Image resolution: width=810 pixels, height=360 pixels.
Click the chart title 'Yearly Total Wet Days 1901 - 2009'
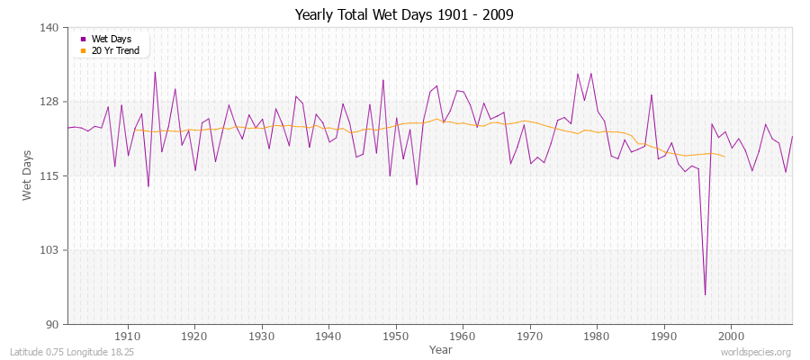[x=404, y=15]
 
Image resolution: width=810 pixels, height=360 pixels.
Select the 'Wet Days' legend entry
[x=111, y=39]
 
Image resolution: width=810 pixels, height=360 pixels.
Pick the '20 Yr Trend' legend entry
[x=115, y=50]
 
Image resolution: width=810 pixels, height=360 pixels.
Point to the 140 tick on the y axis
[x=50, y=28]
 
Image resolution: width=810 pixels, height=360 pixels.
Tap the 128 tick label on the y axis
[x=50, y=102]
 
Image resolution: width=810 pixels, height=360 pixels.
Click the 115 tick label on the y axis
[x=50, y=175]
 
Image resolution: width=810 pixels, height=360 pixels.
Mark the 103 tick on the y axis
[x=50, y=250]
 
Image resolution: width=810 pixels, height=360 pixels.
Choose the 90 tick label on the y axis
[x=53, y=324]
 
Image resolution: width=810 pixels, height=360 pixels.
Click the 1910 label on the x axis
[x=128, y=336]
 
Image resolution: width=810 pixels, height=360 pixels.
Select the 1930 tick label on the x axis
[x=262, y=336]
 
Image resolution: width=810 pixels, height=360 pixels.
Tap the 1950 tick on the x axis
[x=396, y=336]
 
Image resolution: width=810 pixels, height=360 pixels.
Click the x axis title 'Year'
[x=441, y=348]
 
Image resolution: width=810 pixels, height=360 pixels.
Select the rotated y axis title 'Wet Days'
[x=28, y=175]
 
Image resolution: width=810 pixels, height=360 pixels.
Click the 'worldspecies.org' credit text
[x=755, y=352]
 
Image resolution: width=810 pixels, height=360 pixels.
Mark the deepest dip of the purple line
[x=705, y=294]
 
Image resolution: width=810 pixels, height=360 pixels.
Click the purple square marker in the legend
[x=84, y=39]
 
